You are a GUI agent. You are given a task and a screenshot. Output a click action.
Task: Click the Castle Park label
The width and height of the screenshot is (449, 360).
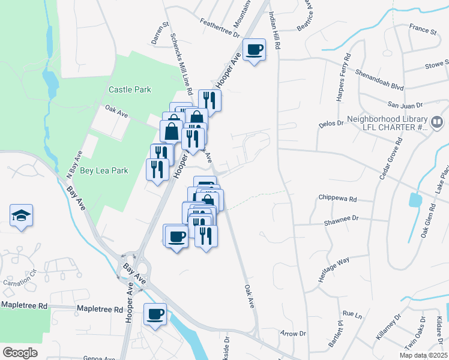coord(130,89)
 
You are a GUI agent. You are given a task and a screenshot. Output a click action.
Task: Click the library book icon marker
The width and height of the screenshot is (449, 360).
coord(436,124)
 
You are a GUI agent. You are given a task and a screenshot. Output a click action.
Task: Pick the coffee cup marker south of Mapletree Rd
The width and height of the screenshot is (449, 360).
coord(155,314)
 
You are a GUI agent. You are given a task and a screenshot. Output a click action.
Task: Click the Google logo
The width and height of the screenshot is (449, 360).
coord(20,352)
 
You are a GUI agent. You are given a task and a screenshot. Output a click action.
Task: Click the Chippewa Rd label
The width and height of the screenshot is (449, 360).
coord(337,199)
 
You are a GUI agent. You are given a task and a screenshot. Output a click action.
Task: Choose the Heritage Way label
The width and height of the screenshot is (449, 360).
coord(334,267)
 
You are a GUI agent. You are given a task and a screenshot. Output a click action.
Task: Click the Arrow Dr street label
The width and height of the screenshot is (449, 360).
coord(294,333)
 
